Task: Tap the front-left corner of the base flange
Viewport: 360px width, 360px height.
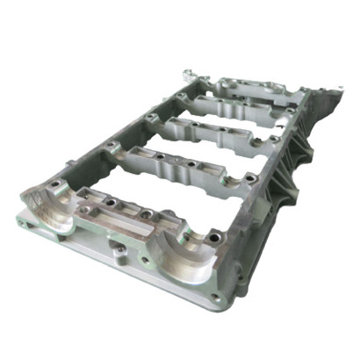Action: coord(19,215)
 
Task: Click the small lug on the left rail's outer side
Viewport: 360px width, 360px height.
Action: coord(69,164)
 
